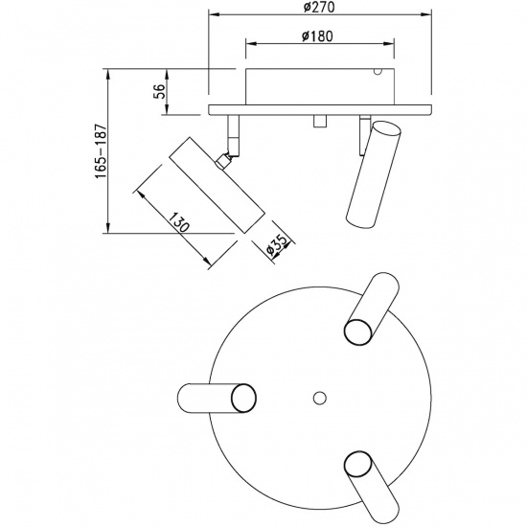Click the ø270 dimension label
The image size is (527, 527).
tap(319, 7)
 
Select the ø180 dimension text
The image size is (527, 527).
tap(317, 36)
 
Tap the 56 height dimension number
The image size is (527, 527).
tap(159, 91)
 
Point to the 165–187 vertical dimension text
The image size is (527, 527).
tap(101, 151)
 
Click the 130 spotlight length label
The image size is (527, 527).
tap(178, 222)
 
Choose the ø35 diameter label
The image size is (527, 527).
tap(277, 245)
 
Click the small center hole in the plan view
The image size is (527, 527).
tap(319, 398)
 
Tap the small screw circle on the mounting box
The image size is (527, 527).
tap(378, 72)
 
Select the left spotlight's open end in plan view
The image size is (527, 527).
tap(243, 398)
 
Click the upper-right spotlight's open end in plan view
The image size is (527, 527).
tap(358, 332)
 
